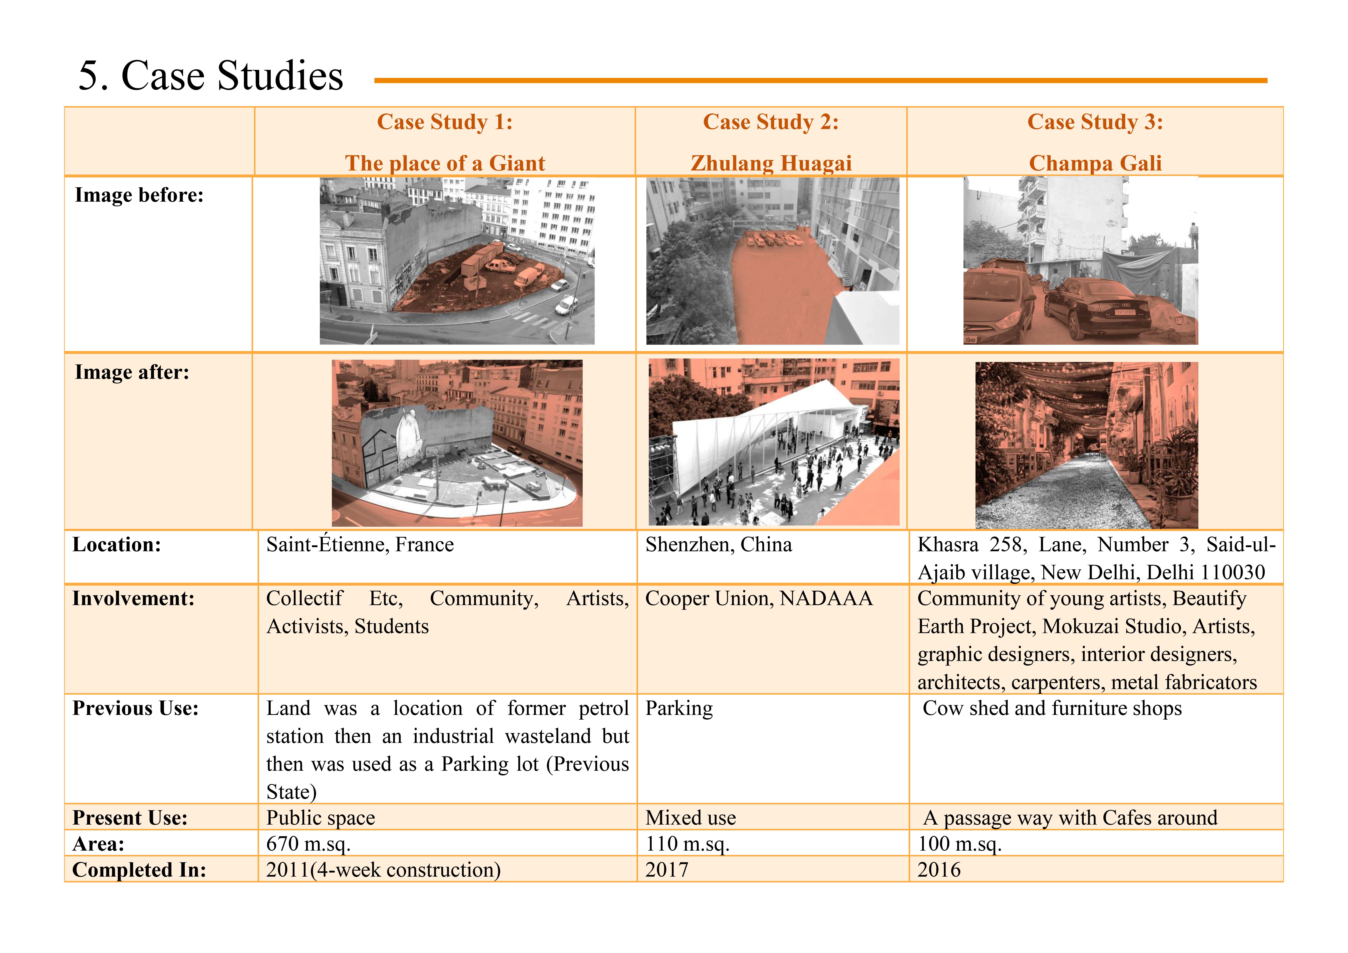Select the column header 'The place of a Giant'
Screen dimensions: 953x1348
tap(445, 163)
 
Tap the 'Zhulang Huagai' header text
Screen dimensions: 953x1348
tap(771, 163)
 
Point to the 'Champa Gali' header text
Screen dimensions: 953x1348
tap(1095, 163)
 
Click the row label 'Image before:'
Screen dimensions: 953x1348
tap(139, 195)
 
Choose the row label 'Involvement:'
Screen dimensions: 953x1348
tap(133, 598)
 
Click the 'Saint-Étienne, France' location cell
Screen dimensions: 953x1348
tap(360, 545)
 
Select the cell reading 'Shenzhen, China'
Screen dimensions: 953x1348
tap(719, 545)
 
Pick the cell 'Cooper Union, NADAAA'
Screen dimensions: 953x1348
tap(759, 598)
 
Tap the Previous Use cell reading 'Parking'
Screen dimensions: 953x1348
tap(679, 709)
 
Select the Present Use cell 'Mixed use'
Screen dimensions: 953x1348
tap(690, 818)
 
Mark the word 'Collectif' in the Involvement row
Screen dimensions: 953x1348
tap(304, 598)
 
